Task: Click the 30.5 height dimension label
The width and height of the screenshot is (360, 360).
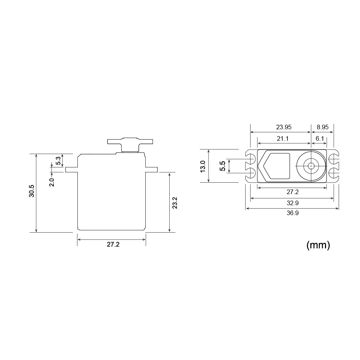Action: [x=32, y=191]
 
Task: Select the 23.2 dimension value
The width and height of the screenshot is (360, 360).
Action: [x=175, y=203]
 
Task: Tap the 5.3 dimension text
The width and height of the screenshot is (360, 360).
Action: [x=58, y=161]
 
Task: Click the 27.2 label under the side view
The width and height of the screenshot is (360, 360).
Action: [x=113, y=245]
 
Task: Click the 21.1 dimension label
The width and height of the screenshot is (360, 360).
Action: [x=283, y=138]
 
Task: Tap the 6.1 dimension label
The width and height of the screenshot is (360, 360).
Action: [x=320, y=138]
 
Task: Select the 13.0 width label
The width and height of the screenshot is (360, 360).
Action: [x=203, y=166]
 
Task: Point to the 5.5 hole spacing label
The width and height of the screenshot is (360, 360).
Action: [x=223, y=166]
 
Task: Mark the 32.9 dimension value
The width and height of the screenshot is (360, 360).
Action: [x=292, y=203]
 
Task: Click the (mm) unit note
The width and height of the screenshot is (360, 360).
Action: [x=318, y=245]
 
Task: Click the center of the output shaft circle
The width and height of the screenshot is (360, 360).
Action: [x=311, y=166]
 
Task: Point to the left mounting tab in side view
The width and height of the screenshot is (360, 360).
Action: [x=71, y=169]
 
